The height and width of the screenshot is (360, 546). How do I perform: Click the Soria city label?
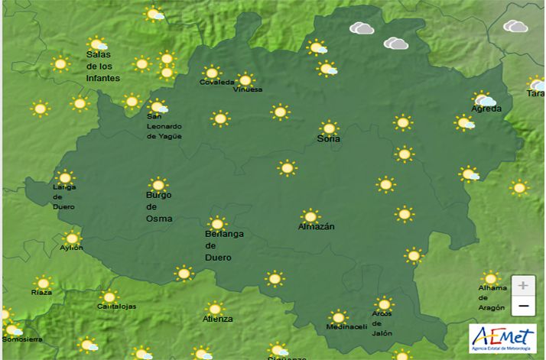(329, 139)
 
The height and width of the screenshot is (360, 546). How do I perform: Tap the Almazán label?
(316, 227)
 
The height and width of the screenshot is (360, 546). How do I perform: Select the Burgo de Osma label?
(158, 206)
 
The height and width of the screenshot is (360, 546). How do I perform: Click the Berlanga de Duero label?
(224, 245)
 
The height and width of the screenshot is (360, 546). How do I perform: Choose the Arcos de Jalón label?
(382, 323)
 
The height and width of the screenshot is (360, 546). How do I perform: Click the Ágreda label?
(486, 109)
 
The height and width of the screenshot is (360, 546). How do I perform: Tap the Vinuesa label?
(248, 89)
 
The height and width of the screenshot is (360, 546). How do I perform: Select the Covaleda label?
(213, 83)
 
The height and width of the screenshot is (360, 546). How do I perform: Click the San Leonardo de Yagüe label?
(164, 126)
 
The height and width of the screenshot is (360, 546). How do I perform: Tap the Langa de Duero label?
(64, 196)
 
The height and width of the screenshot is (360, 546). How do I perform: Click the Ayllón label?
(71, 248)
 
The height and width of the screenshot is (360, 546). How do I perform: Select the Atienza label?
(217, 319)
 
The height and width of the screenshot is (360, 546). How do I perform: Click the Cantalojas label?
(116, 306)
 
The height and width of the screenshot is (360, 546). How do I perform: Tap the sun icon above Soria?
(329, 128)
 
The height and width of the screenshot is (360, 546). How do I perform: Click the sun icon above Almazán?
(310, 216)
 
